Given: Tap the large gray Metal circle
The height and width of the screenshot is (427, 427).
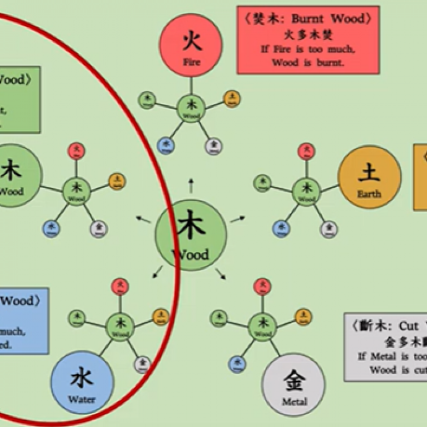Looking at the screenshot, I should (x=294, y=384).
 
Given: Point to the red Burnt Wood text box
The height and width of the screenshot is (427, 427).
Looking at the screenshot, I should (x=308, y=40).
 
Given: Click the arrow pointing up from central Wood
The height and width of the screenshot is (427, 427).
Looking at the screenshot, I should (x=191, y=184).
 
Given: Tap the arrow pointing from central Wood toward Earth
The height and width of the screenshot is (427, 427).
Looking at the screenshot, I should (x=238, y=218).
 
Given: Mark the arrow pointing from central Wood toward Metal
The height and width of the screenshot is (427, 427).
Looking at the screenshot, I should (x=220, y=272).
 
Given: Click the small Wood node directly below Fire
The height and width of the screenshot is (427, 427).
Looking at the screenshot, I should (x=191, y=108).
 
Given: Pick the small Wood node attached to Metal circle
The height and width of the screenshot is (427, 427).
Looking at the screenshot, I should (x=262, y=326).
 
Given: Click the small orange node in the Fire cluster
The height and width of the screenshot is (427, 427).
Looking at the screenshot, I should (x=231, y=98).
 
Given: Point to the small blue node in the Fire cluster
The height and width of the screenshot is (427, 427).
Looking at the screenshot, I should (x=165, y=145).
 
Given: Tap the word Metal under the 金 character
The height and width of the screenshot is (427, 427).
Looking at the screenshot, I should (x=294, y=402).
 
